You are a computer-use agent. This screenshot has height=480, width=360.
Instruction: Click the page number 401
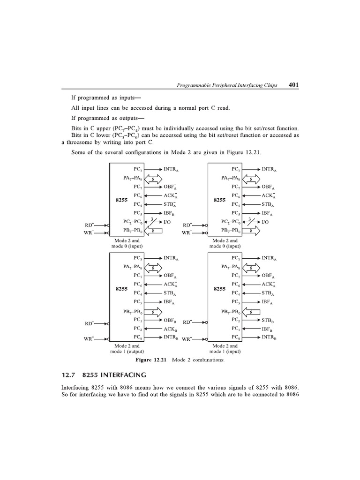point(294,85)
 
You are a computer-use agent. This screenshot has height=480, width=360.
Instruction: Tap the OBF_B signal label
point(169,320)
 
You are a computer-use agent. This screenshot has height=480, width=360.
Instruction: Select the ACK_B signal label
point(169,329)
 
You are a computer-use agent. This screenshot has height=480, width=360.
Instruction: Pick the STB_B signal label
point(268,321)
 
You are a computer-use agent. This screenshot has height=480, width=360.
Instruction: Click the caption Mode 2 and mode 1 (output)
point(127,348)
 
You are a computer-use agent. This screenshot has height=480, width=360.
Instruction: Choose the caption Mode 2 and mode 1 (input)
point(225,348)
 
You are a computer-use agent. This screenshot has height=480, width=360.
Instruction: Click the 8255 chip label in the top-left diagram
point(122,200)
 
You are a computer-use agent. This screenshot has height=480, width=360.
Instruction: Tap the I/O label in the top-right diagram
point(265,222)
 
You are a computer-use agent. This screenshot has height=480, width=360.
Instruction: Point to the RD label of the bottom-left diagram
point(89,323)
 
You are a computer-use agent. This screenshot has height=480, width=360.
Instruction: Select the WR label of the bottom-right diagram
point(187,339)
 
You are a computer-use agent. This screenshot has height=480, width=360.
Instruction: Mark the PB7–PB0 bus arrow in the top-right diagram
point(251,231)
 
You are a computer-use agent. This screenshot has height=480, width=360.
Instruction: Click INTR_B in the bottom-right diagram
point(269,337)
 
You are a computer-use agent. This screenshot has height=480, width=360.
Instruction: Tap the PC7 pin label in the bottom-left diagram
point(138,276)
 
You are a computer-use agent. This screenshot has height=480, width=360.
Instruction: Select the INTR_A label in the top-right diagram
point(269,169)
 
